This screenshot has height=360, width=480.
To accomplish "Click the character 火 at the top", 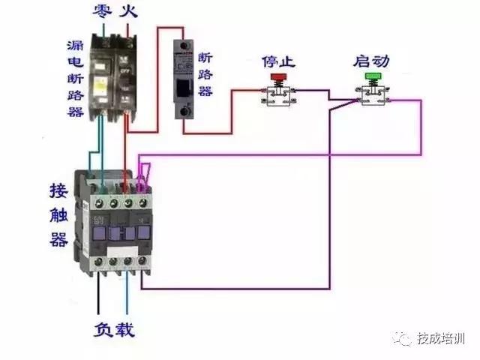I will pos(129,11).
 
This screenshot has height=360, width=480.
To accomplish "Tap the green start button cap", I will pos(372,76).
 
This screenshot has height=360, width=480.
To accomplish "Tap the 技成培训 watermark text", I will pos(442,340).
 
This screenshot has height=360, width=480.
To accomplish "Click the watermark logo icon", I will pos(406,340).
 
